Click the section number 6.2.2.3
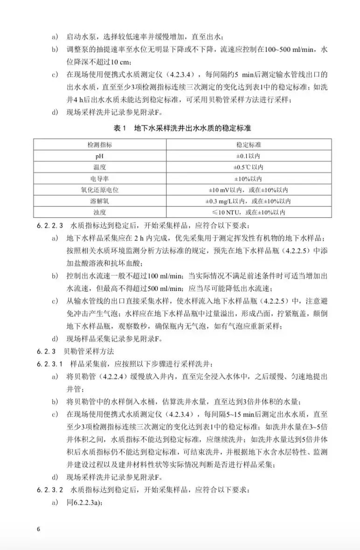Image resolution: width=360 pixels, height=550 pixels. (50, 225)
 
